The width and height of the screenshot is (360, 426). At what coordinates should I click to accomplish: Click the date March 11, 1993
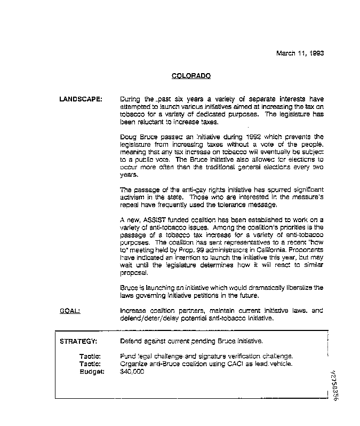click(300, 53)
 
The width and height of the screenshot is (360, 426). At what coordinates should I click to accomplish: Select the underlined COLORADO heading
click(191, 76)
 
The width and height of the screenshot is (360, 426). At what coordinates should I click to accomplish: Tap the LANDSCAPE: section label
click(81, 99)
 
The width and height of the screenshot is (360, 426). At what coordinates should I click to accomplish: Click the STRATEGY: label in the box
click(78, 341)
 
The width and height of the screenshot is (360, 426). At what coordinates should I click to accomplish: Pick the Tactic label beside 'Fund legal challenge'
click(90, 356)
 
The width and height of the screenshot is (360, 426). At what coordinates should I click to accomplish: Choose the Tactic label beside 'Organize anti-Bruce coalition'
click(90, 364)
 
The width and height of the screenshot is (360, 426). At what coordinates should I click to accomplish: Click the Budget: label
click(90, 372)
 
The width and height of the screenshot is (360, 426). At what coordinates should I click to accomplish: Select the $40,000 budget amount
click(132, 372)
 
